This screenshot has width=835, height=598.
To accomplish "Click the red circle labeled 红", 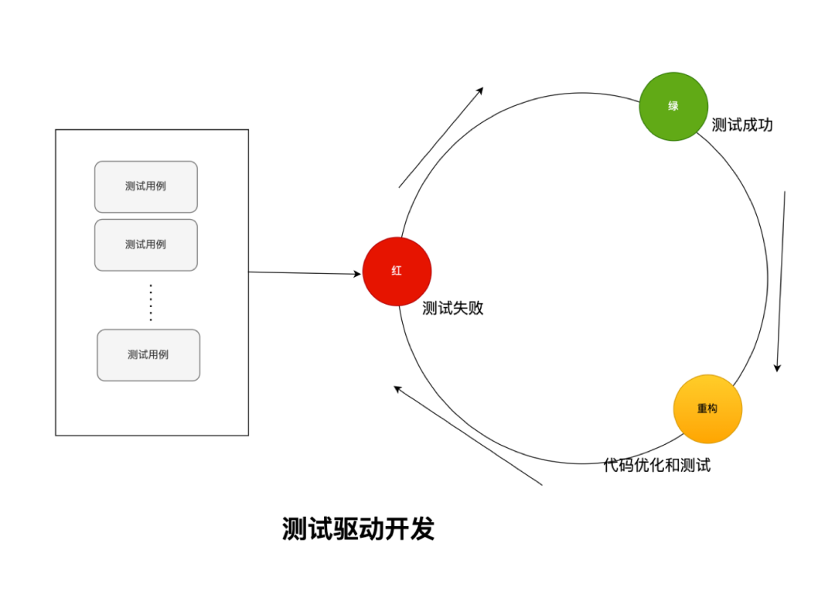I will (x=397, y=272).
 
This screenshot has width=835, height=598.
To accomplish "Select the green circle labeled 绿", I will (x=673, y=107).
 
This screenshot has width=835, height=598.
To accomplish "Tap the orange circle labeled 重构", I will (x=707, y=408).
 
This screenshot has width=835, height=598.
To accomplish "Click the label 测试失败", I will (x=452, y=308).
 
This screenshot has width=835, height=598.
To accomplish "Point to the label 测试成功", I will (x=742, y=125).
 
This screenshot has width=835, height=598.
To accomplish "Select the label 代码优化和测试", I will (x=656, y=466).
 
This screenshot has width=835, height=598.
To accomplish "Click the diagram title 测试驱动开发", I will (x=358, y=529).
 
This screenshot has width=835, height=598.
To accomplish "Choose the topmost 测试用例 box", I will (x=146, y=186).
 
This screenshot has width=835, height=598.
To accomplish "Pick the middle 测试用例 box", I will (x=146, y=244).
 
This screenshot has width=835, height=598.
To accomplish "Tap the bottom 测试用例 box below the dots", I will (x=148, y=355).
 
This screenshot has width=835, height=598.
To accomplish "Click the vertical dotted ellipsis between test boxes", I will (x=151, y=302).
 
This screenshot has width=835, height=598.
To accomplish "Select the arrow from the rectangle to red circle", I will (x=305, y=273).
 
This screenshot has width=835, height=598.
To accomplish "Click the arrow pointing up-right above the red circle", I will (x=441, y=137).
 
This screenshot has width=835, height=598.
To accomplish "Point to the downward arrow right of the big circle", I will (x=781, y=282).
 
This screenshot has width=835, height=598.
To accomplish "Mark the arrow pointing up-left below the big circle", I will (x=468, y=436).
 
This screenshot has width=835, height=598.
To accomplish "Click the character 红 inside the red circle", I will (x=397, y=272).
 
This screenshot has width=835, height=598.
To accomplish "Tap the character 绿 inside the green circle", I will (x=673, y=106).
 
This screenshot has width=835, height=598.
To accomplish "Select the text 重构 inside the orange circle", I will (x=707, y=408).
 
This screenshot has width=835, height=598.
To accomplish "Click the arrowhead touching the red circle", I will (x=357, y=274).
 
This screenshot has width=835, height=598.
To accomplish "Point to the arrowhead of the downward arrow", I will (x=778, y=367).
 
